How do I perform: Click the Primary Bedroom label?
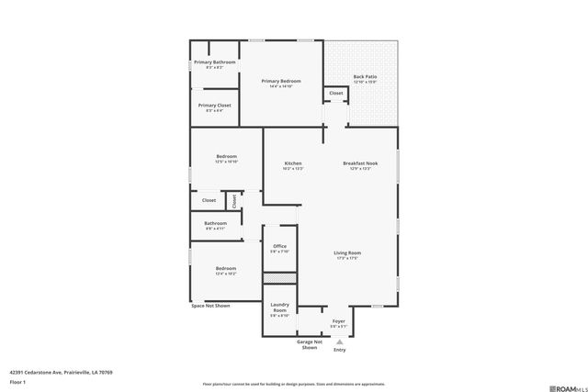(282, 81)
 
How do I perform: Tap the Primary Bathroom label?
(214, 62)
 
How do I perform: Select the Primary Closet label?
(214, 106)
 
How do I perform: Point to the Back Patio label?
(365, 77)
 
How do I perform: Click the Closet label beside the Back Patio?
(336, 93)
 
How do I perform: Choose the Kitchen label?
(292, 163)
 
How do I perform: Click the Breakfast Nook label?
(361, 163)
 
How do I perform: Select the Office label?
(280, 246)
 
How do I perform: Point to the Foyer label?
(339, 321)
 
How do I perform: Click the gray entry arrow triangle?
(339, 341)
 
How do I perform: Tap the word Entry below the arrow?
(339, 350)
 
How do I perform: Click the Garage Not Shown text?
(310, 345)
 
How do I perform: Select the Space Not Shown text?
(210, 306)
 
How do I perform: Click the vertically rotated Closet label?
(234, 200)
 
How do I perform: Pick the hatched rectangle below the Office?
(280, 277)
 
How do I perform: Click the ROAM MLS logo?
(559, 385)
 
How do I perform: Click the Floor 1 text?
(17, 381)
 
